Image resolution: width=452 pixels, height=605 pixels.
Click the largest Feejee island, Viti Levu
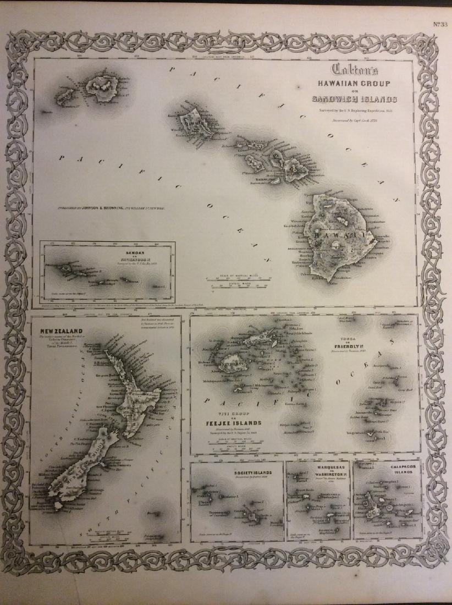[x=231, y=364]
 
